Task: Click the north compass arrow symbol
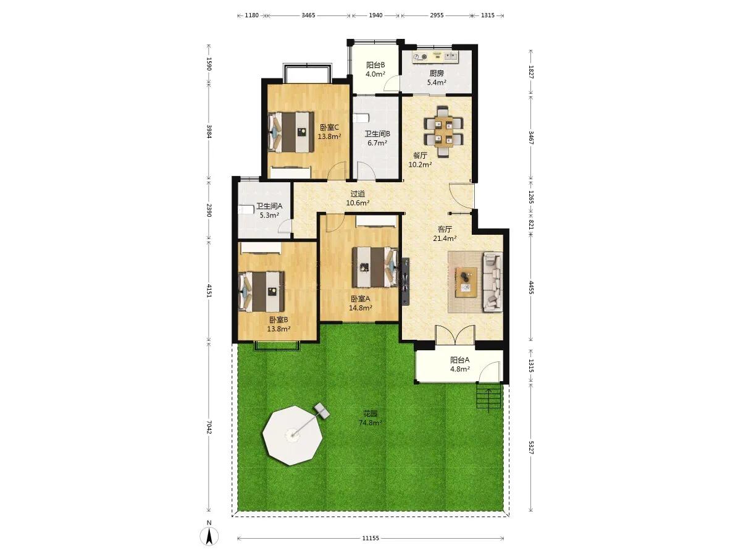pos(209,536)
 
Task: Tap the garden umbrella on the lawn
pos(292,435)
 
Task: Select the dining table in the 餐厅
pos(443,132)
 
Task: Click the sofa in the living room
pos(493,281)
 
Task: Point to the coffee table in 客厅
pos(466,282)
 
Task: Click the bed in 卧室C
pos(291,132)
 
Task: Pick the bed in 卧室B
pos(262,292)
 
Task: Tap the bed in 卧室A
pos(375,267)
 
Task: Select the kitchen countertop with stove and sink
pos(435,57)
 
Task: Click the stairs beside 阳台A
pos(488,397)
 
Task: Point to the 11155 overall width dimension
pos(371,538)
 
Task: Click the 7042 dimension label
pos(209,427)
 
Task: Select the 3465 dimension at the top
pos(308,15)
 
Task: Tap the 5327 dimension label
pos(531,447)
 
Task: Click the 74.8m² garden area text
pos(371,423)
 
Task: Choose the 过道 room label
pos(358,194)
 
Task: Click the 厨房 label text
pos(437,73)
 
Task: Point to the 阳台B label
pos(375,65)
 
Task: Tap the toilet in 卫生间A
pos(245,209)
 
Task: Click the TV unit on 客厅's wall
pos(406,281)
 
